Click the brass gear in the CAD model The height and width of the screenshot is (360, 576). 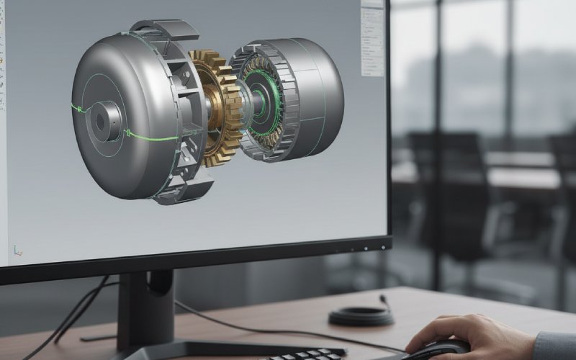coord(215,108)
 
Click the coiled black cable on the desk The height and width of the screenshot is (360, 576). coord(361,316)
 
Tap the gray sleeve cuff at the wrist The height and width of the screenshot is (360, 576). coord(554,346)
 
